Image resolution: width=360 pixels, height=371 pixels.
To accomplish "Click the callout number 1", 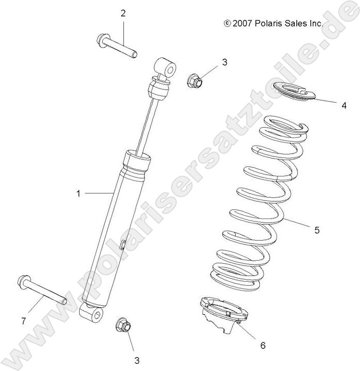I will click(79, 193).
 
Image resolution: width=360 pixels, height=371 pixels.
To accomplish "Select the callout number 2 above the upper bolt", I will click(123, 13).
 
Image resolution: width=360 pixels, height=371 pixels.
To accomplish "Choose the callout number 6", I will click(262, 345).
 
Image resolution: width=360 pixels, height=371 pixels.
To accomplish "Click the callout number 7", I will click(23, 321).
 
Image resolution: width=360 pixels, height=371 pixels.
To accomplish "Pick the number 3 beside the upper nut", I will click(210, 63).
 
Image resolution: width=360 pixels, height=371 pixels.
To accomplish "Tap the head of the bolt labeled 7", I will click(25, 281).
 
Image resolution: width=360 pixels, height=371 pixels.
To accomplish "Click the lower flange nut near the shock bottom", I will click(122, 325).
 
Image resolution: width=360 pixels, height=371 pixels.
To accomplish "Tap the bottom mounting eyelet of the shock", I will click(92, 314).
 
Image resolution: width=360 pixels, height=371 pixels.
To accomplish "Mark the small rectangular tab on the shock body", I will click(122, 244).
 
